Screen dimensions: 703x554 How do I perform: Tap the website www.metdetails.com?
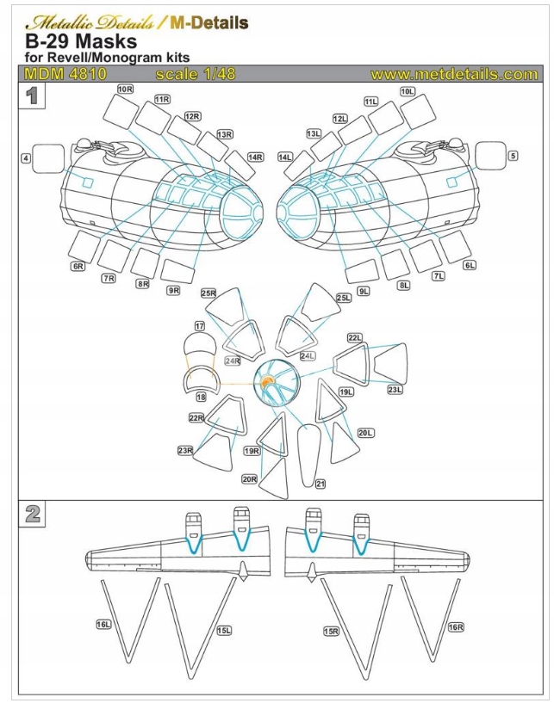click(x=453, y=75)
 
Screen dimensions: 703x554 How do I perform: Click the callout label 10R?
click(x=124, y=89)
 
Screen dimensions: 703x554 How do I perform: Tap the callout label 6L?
click(x=470, y=265)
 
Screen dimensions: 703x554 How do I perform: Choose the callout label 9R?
click(x=173, y=290)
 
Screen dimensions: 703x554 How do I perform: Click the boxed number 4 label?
click(x=27, y=157)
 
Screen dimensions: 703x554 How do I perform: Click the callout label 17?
click(x=199, y=326)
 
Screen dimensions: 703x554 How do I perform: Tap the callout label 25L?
click(x=344, y=298)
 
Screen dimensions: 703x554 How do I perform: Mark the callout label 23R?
click(x=184, y=449)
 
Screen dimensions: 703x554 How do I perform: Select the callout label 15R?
click(x=331, y=631)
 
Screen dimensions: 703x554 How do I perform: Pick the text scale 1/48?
click(x=195, y=75)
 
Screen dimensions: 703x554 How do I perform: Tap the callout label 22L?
click(x=354, y=338)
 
